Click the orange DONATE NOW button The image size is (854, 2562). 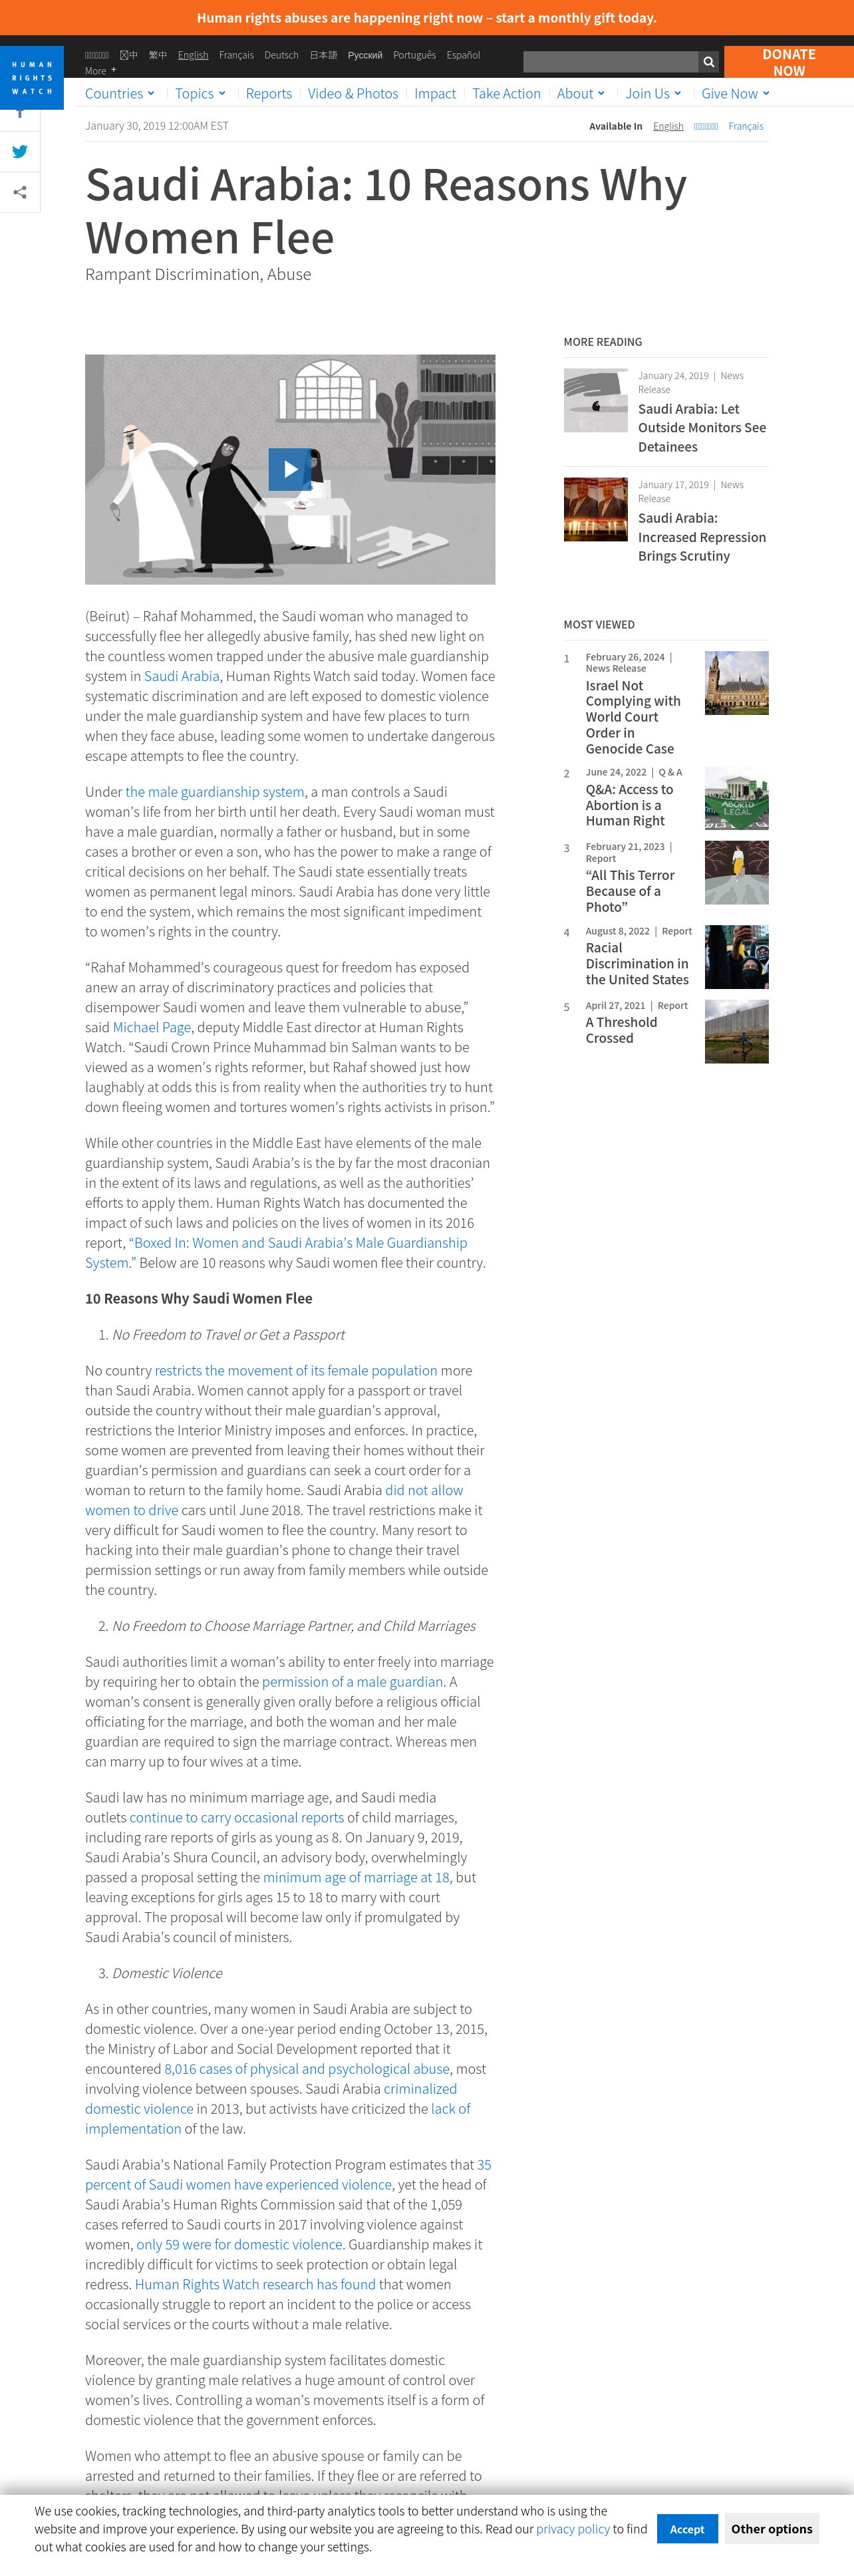pyautogui.click(x=787, y=62)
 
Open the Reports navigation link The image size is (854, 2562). pyautogui.click(x=269, y=94)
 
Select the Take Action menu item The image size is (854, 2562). pyautogui.click(x=506, y=94)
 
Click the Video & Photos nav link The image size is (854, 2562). pyautogui.click(x=353, y=94)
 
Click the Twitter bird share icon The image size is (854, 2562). pyautogui.click(x=20, y=151)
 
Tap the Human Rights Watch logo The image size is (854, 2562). pyautogui.click(x=32, y=78)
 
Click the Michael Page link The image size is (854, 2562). pyautogui.click(x=151, y=1028)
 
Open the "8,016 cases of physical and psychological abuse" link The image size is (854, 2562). pyautogui.click(x=306, y=2068)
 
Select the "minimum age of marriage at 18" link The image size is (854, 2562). pyautogui.click(x=356, y=1877)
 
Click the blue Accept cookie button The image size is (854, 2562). pyautogui.click(x=686, y=2528)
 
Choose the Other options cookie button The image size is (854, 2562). pyautogui.click(x=772, y=2528)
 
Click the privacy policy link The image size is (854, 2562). pyautogui.click(x=573, y=2528)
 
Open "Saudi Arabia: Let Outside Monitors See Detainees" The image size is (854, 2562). pyautogui.click(x=702, y=428)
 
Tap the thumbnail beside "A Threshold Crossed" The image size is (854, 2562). pyautogui.click(x=736, y=1032)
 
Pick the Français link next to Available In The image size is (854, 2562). pyautogui.click(x=746, y=126)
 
